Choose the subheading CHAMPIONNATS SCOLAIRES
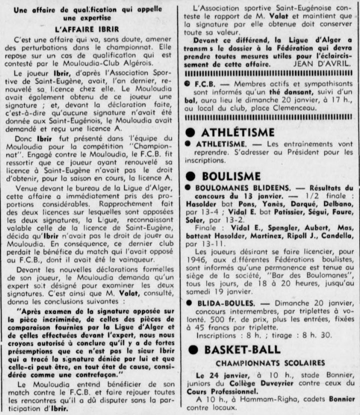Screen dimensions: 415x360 tap(270, 362)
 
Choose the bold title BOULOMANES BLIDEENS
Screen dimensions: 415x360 tap(237, 187)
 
